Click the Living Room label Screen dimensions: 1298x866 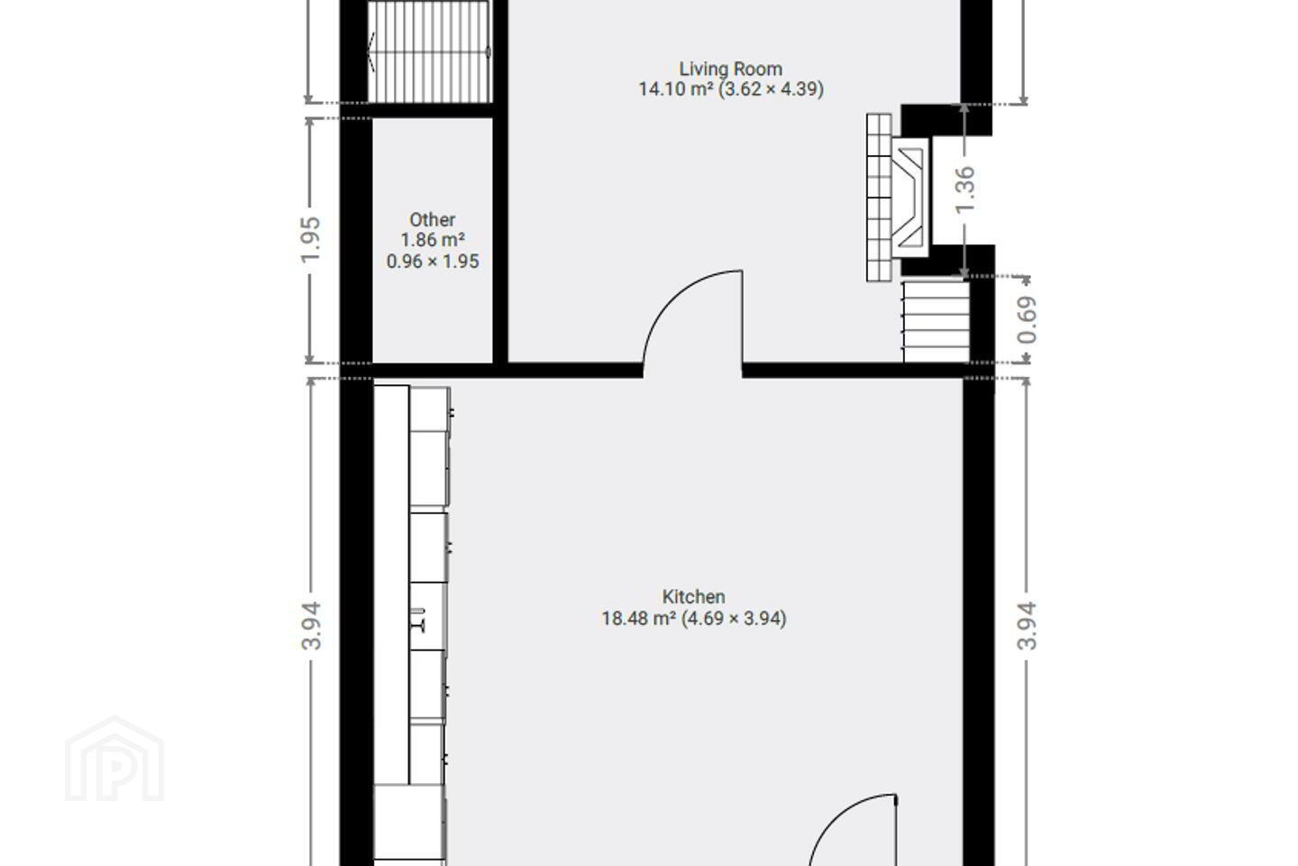(x=731, y=69)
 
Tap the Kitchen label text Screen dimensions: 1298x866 (x=694, y=596)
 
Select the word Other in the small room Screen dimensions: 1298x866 (x=433, y=220)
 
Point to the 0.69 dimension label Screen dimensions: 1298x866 (x=1027, y=319)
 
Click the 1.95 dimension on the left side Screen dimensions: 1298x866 (x=311, y=239)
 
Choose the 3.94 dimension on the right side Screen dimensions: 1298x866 (x=1027, y=626)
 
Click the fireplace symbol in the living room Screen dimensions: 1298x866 (x=910, y=198)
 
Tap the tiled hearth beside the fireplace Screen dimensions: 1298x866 (x=879, y=198)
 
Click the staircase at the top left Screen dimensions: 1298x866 (x=429, y=52)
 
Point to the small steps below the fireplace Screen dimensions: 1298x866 (x=936, y=323)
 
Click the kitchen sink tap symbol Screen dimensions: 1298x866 (x=419, y=620)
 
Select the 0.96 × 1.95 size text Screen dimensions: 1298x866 (x=433, y=262)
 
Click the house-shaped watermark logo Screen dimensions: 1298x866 (x=114, y=759)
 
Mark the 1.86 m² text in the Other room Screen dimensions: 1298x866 (x=433, y=240)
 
